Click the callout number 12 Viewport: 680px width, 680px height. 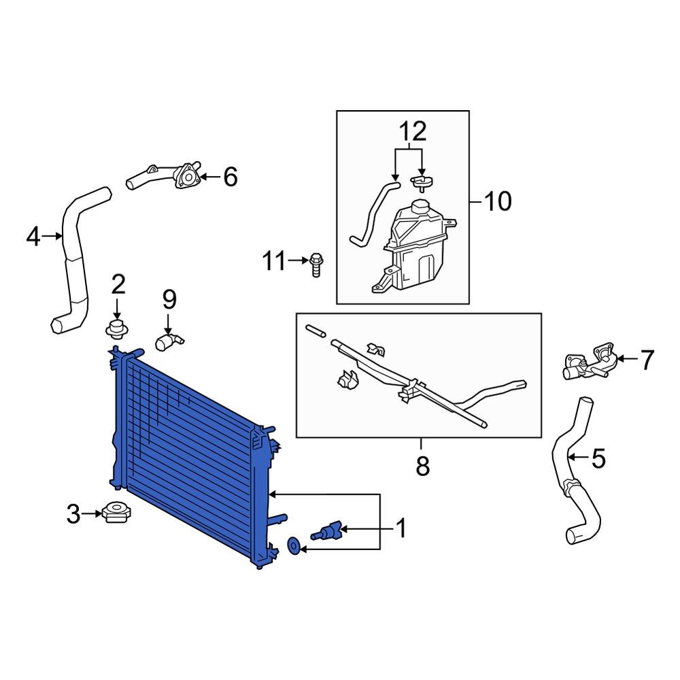point(410,130)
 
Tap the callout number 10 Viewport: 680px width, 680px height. point(497,201)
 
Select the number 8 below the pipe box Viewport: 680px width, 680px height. point(422,466)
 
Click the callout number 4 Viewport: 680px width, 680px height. point(33,237)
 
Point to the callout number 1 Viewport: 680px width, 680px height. point(401,528)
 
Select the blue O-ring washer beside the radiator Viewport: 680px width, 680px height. point(294,545)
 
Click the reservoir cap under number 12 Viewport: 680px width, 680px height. point(422,180)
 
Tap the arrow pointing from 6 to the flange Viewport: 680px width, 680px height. point(211,178)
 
